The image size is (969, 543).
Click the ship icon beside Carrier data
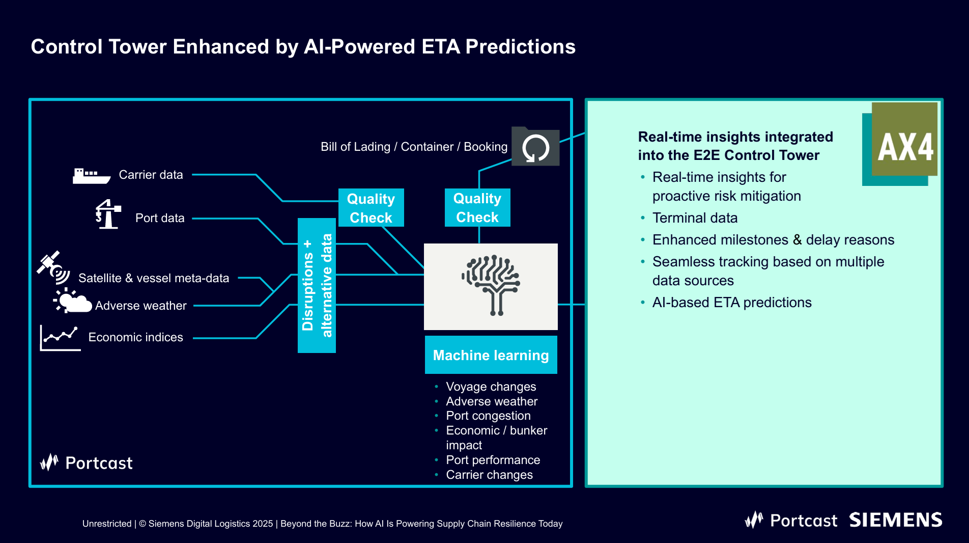pos(91,176)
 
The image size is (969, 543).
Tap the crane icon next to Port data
pos(108,214)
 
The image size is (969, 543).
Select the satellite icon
pos(53,267)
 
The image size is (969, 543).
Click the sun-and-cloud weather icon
pos(72,301)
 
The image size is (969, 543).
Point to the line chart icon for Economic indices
pos(60,338)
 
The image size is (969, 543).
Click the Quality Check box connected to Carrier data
pos(371,208)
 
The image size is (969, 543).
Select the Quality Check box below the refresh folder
pos(477,208)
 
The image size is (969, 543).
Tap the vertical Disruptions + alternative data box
pos(317,285)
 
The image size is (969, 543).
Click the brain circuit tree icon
pos(491,285)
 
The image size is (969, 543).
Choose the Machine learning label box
pos(491,355)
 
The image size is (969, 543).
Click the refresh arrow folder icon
pos(535,147)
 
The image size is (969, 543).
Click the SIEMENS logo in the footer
pos(895,520)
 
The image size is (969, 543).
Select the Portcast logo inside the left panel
pos(87,463)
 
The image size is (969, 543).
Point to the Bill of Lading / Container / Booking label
pos(414,147)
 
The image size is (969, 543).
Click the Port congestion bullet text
pos(488,416)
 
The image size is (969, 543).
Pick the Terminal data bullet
pos(695,218)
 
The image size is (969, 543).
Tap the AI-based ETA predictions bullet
pos(731,303)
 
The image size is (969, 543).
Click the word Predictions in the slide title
pos(520,47)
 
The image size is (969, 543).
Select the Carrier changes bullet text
pos(489,475)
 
